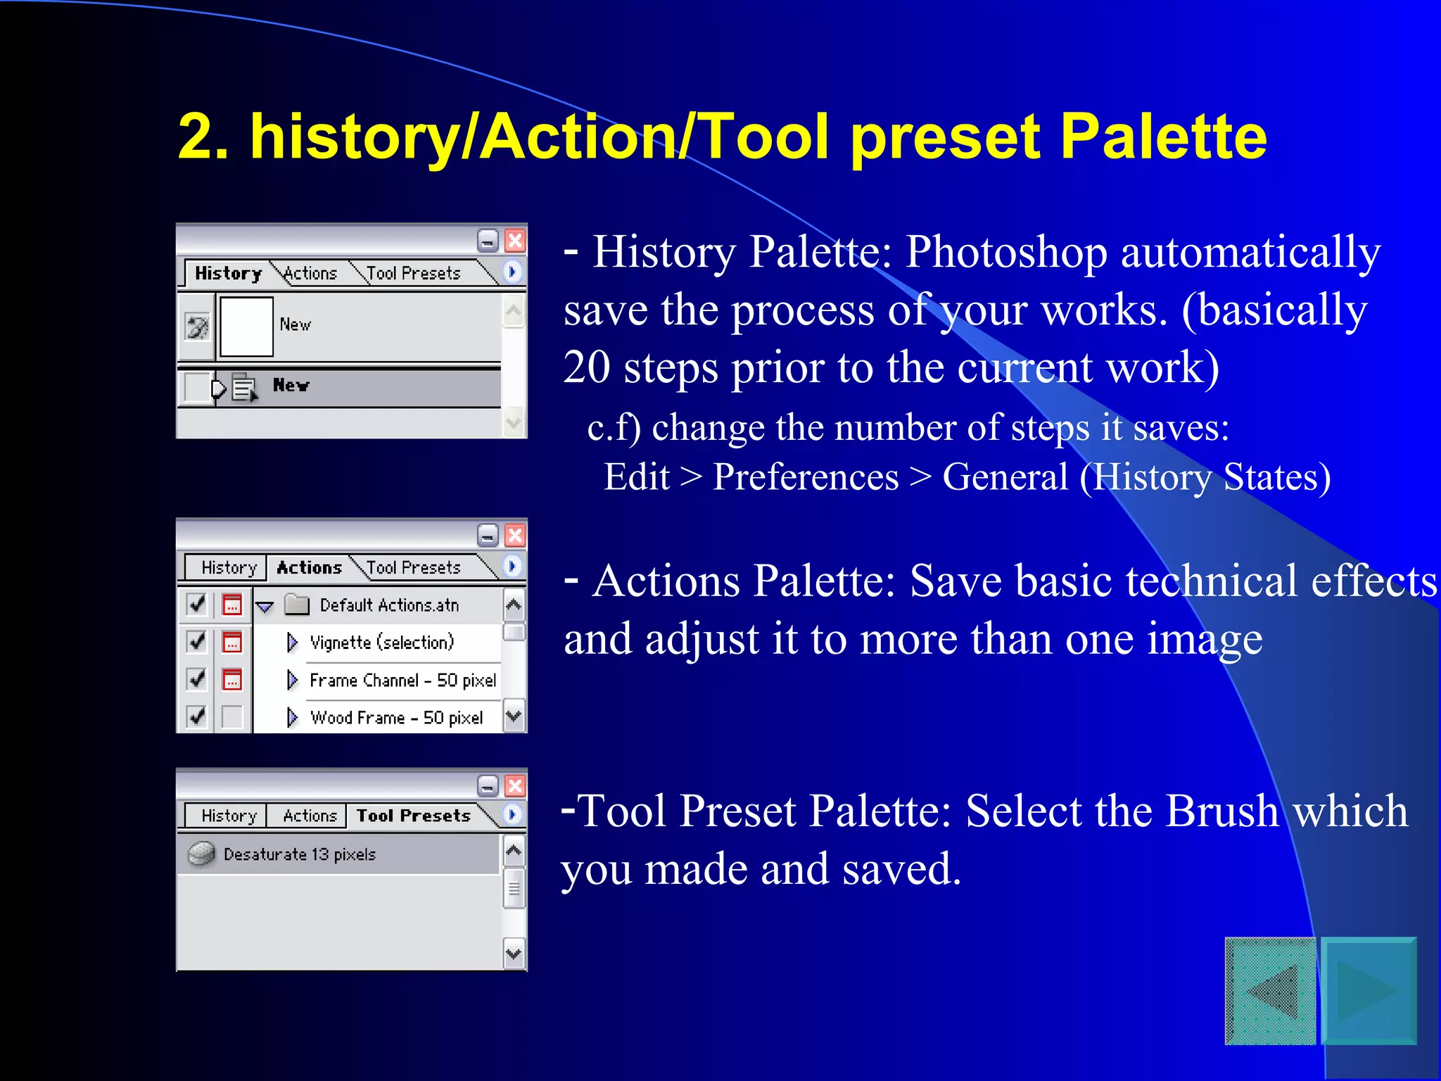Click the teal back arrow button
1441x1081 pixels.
coord(1271,991)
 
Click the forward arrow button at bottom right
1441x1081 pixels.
coord(1369,991)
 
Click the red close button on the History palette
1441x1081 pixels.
coord(515,241)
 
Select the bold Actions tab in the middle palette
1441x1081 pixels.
coord(309,567)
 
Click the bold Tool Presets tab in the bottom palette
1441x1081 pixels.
coord(413,816)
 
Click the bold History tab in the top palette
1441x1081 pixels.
coord(228,273)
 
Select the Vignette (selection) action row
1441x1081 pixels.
coord(382,643)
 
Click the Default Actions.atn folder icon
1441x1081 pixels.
coord(297,605)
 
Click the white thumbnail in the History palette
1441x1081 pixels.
coord(246,327)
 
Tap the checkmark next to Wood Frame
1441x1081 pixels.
coord(197,716)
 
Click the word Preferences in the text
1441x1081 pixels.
coord(806,477)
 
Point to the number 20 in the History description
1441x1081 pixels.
coord(586,367)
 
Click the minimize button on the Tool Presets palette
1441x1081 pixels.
coord(488,785)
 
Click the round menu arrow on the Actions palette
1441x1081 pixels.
coord(513,566)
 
